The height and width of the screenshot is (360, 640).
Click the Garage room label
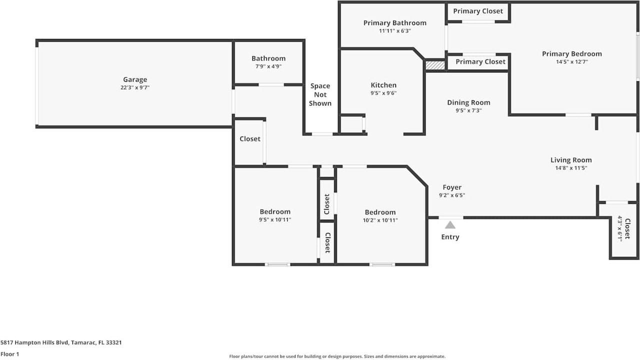pos(135,79)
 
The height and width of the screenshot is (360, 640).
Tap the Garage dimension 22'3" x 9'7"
pos(135,87)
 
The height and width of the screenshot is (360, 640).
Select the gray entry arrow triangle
pos(450,225)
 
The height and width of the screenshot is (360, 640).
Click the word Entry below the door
pos(450,237)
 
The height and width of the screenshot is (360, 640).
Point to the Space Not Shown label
pos(320,94)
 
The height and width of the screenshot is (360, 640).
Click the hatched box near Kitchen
pos(435,65)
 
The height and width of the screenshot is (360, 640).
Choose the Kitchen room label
pos(383,85)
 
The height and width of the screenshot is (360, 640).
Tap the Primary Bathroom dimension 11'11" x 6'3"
pos(394,31)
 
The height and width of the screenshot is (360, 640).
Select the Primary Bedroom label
pos(572,53)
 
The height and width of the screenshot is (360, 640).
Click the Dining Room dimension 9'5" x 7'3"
pos(468,110)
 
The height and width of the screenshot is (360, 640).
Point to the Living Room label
pos(571,160)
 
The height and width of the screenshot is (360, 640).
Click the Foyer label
pos(452,187)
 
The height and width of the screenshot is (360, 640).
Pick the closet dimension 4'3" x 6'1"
pos(620,228)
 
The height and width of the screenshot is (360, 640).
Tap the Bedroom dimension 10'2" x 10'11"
pos(380,220)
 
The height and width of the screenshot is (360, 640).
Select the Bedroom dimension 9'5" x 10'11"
pos(275,219)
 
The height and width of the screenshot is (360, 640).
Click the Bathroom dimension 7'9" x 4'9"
pos(268,66)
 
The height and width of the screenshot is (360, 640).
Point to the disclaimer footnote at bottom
pos(337,356)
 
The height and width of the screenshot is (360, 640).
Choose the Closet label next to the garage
pos(249,138)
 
